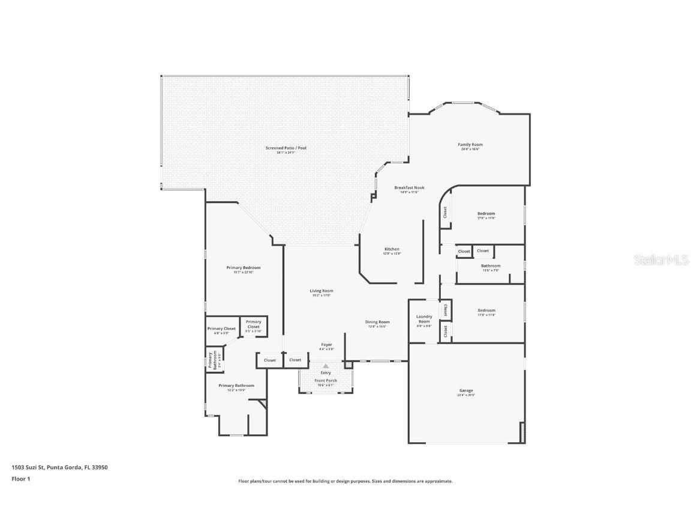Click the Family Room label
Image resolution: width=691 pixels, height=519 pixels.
point(470,145)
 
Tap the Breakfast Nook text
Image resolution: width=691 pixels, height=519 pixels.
point(409,188)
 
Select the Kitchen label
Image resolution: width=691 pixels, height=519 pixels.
point(392,249)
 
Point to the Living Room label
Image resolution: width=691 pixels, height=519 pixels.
point(322,291)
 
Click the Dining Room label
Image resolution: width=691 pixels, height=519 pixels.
point(377,322)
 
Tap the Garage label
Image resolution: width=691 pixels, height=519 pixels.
point(466,391)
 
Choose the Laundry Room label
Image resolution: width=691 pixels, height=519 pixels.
point(424,319)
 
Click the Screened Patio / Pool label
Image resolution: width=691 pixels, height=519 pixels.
point(286,148)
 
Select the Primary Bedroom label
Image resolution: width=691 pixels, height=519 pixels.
point(244,268)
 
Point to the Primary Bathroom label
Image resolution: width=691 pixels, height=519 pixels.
point(236,386)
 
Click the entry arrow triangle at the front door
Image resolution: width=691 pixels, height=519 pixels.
point(326,365)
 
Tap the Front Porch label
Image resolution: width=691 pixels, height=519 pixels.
point(326,381)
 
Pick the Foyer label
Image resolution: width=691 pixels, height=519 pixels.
point(326,345)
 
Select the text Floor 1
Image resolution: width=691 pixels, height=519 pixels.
point(20,479)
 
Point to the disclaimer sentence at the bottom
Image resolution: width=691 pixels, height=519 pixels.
point(345,481)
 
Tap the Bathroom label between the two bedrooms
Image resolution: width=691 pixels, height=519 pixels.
point(491,266)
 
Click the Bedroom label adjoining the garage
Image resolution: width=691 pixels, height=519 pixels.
point(486,311)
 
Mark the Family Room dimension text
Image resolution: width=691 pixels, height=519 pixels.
point(470,149)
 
